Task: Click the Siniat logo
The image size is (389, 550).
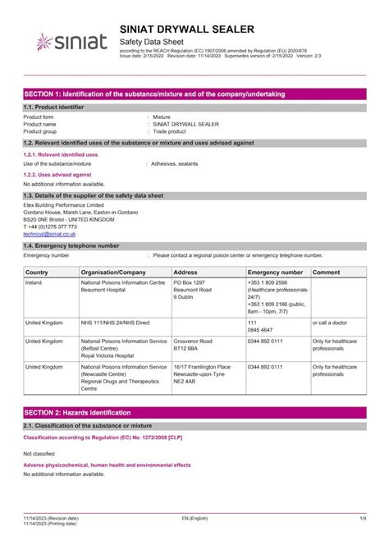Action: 66,41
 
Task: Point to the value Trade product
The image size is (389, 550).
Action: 171,131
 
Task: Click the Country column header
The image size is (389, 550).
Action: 37,272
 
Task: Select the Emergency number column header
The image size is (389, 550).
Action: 275,272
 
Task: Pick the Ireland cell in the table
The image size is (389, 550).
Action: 34,282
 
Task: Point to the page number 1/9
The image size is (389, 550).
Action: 361,519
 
